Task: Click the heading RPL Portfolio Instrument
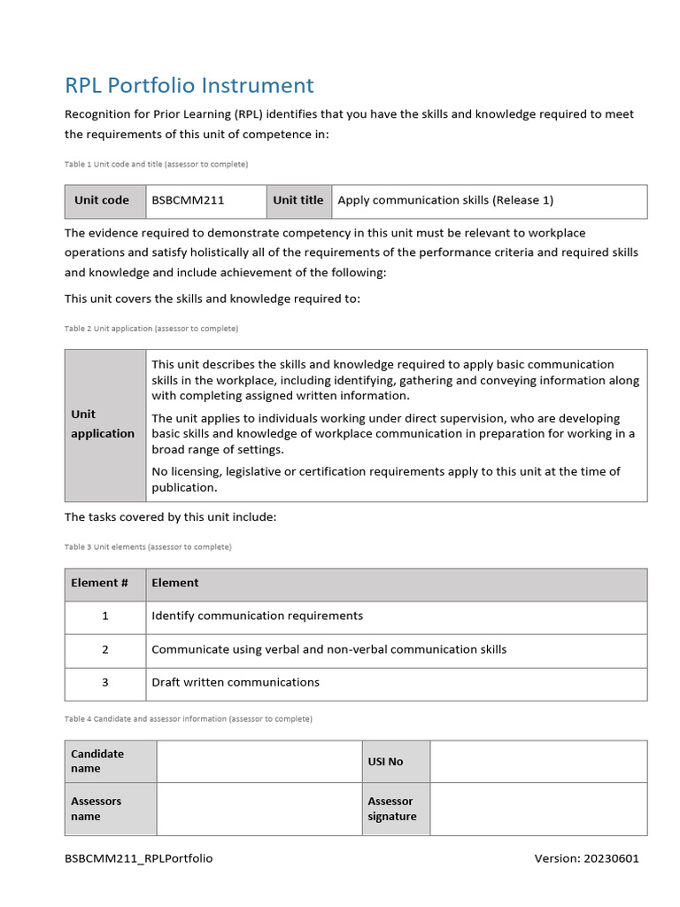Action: click(189, 85)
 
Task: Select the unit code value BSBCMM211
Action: click(188, 200)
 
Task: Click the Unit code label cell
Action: click(102, 200)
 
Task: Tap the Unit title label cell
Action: click(297, 200)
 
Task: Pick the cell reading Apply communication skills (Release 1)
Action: click(445, 200)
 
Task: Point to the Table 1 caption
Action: click(156, 165)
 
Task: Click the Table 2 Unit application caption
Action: click(151, 329)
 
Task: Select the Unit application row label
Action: click(103, 424)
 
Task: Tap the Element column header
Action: click(175, 583)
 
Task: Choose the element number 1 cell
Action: click(104, 616)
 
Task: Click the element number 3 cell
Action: click(104, 682)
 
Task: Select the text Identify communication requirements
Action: click(257, 616)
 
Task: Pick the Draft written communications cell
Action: click(236, 682)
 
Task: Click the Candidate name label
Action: click(97, 761)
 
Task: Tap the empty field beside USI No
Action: click(538, 761)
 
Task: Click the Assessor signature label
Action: click(392, 809)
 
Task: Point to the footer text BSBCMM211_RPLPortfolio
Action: click(139, 858)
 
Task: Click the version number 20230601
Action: click(586, 858)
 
